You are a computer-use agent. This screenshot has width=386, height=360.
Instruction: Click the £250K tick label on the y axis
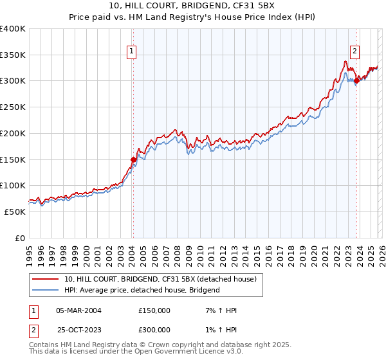pos(13,107)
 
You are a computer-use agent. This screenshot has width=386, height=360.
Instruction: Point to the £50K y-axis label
pos(15,211)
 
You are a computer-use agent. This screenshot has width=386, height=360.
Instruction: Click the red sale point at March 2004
pos(133,159)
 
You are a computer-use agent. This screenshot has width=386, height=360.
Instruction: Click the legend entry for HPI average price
pos(142,290)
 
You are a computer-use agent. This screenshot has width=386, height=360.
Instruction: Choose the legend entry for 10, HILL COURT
pos(160,279)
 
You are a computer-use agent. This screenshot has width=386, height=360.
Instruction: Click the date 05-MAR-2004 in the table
pos(79,310)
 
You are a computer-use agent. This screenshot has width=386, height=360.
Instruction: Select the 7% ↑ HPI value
pos(219,310)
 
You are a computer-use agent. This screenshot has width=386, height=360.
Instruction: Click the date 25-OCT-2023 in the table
pos(79,329)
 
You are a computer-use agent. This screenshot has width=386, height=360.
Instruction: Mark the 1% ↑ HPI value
pos(219,329)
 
